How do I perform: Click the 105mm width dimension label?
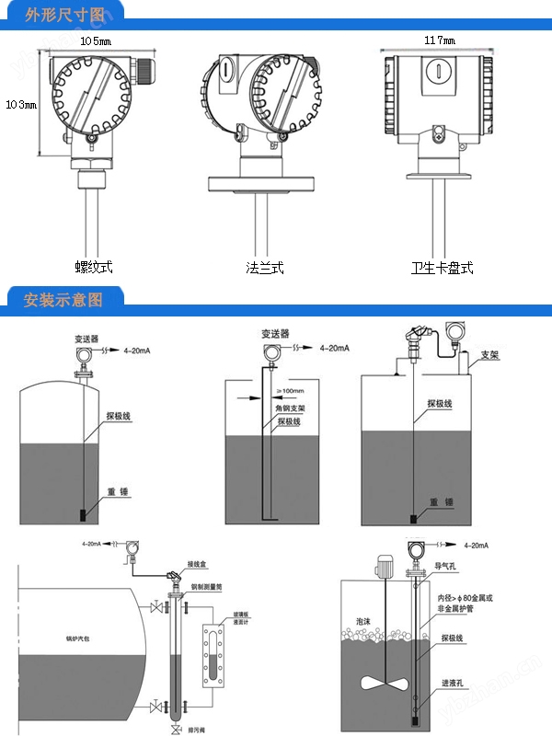coord(96,41)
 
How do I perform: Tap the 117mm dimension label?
coord(440,41)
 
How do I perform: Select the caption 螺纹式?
coord(94,267)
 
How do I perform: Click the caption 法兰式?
coord(265,268)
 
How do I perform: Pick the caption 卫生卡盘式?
coord(442,268)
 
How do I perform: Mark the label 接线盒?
coord(200,564)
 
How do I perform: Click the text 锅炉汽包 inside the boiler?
coord(66,637)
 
